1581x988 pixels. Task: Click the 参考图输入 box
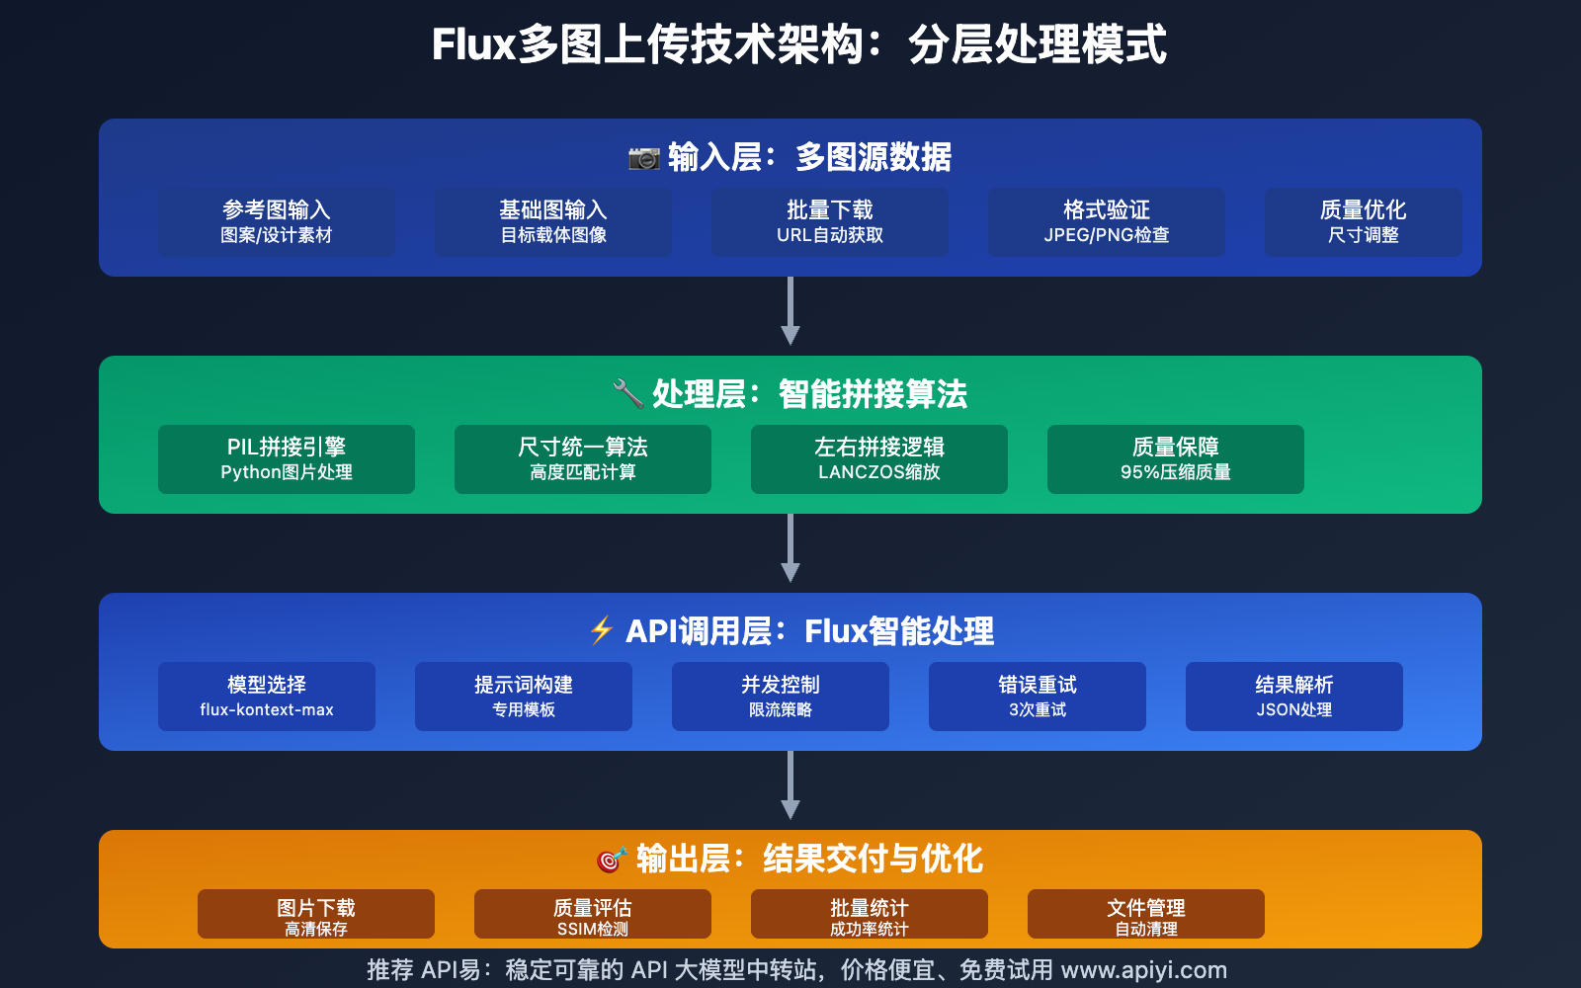click(x=277, y=222)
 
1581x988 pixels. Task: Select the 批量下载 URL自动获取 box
click(x=830, y=222)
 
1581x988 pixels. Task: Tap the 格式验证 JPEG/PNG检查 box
click(x=1107, y=222)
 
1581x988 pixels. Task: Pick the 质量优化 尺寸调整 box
click(x=1364, y=222)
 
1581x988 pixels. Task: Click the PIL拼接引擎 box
click(x=287, y=459)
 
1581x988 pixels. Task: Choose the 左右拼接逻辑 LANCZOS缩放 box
click(x=879, y=459)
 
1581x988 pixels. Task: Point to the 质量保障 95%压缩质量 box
click(x=1176, y=459)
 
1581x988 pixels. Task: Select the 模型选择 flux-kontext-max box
click(x=267, y=697)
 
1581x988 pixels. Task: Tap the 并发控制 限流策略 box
click(x=781, y=697)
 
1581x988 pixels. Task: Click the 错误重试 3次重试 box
click(x=1038, y=697)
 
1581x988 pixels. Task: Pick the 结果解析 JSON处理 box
click(x=1294, y=697)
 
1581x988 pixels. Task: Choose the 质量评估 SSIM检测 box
click(x=593, y=914)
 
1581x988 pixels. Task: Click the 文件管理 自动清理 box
click(x=1146, y=914)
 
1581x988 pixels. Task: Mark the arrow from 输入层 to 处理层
click(x=790, y=311)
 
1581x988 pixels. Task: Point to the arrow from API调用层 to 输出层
click(x=790, y=785)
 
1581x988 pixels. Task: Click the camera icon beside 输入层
click(x=644, y=158)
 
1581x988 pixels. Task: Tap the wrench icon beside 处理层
click(x=627, y=393)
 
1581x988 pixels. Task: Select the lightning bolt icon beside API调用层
click(x=602, y=630)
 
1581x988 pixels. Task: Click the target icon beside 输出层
click(x=612, y=860)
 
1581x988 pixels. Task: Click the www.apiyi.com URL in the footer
click(x=1143, y=970)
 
